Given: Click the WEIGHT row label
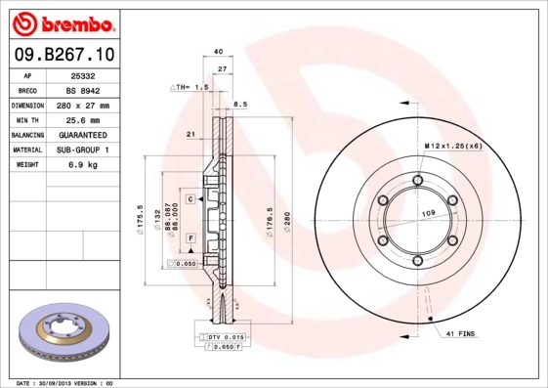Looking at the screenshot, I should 26,164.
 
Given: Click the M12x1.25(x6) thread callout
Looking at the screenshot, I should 452,146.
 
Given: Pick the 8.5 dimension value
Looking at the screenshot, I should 240,103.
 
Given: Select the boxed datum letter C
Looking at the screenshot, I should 190,198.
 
